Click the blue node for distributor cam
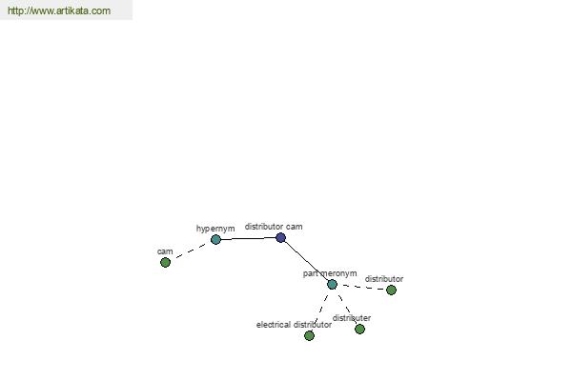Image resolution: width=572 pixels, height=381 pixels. click(280, 238)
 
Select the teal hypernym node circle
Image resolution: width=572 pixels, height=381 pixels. click(215, 239)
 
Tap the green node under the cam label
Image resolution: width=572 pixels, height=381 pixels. click(165, 262)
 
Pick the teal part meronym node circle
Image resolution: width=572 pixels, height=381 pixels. click(332, 285)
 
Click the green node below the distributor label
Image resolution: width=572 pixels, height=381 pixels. click(391, 290)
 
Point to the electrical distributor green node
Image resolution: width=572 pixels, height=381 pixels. click(309, 335)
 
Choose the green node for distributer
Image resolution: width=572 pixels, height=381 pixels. click(359, 329)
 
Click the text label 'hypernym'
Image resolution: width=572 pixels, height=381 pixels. click(215, 229)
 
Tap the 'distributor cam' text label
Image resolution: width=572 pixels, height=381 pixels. click(274, 227)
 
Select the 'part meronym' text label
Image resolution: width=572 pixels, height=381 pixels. click(330, 273)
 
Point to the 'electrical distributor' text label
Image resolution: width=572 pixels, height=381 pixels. click(294, 325)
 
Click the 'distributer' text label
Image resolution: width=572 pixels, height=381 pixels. click(352, 318)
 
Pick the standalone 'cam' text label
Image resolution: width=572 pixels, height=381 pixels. click(165, 251)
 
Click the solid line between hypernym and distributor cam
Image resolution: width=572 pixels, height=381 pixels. click(248, 239)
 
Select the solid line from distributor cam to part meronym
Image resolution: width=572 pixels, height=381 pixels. click(306, 261)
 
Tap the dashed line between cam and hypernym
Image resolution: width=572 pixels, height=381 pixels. click(191, 251)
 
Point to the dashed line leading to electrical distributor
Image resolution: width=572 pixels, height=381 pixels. click(320, 310)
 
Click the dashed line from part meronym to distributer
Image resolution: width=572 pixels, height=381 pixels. click(346, 307)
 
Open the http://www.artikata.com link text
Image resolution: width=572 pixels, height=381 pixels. click(59, 10)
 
